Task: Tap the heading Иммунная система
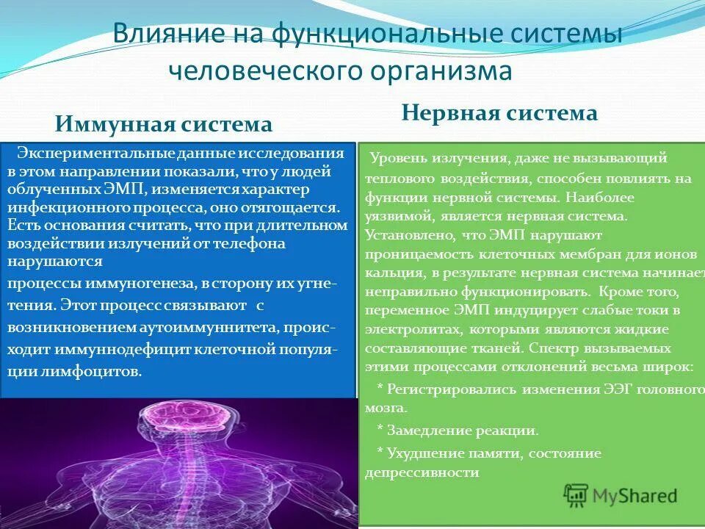coord(164,123)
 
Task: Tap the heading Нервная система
coord(499,113)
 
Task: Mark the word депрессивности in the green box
coord(422,473)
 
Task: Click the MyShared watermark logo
coord(621,494)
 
